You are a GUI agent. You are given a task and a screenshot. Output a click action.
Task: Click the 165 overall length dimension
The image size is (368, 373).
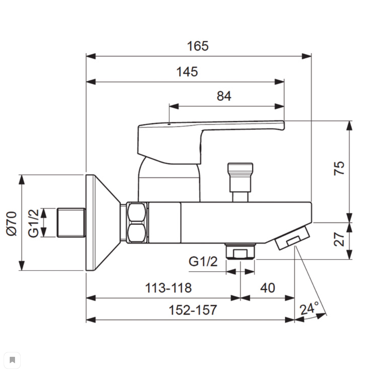point(198,46)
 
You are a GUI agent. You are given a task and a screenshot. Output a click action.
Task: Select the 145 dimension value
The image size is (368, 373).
point(187,72)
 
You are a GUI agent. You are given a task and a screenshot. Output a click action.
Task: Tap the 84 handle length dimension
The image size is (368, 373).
point(224,96)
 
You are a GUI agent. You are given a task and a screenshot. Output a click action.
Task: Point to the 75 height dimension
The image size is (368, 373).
point(339,168)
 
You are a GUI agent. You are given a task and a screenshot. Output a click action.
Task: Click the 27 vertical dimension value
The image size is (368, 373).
point(339,239)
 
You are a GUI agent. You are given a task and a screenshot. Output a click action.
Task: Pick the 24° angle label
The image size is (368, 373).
point(309,309)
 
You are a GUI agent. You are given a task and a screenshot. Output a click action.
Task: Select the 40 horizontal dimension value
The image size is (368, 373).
point(267,288)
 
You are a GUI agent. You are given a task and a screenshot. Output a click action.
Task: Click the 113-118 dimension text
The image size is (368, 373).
point(168,288)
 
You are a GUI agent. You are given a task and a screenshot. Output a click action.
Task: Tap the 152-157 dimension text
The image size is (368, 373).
point(193,310)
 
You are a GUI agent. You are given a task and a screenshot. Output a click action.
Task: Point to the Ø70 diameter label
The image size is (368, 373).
point(11,224)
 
